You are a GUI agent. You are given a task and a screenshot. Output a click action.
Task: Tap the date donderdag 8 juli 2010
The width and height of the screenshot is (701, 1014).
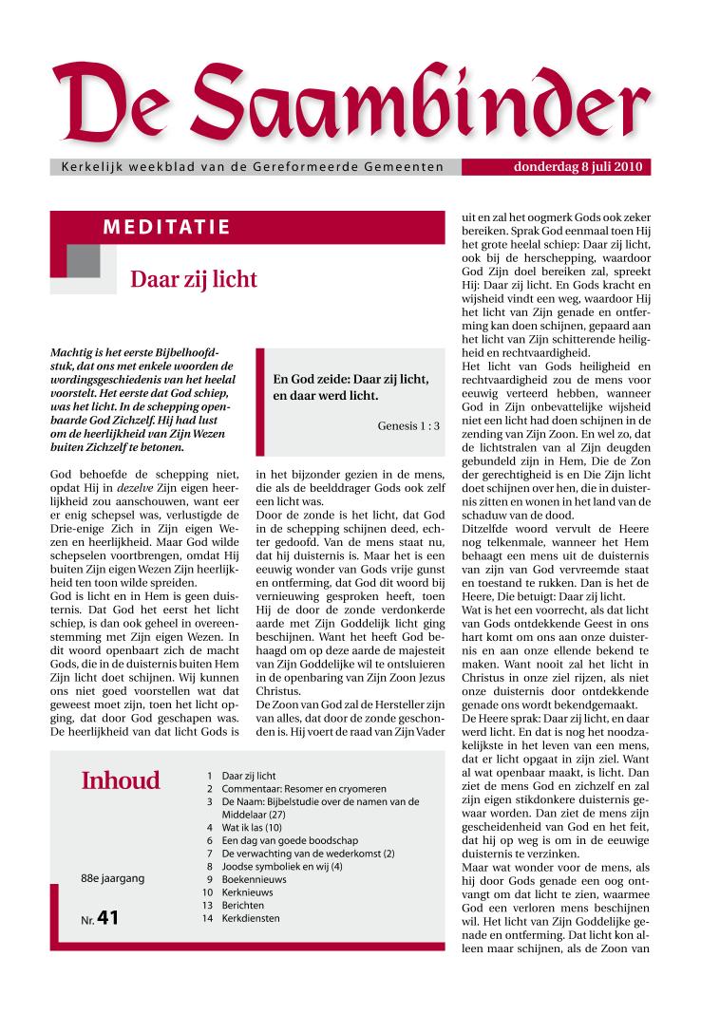[578, 167]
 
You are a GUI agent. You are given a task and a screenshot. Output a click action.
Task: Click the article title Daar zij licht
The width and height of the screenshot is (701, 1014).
[194, 280]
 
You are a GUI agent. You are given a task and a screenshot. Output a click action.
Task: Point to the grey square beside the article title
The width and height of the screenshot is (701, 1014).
[85, 261]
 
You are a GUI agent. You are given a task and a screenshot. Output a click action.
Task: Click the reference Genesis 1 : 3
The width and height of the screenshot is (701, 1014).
[408, 425]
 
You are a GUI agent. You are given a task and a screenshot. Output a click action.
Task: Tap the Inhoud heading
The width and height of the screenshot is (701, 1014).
[121, 781]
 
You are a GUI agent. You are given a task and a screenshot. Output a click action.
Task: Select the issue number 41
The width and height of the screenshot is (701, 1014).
[107, 918]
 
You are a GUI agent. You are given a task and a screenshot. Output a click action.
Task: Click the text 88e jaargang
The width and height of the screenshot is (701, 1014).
[113, 878]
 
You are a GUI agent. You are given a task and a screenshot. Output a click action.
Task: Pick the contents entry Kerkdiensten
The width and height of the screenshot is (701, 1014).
[251, 919]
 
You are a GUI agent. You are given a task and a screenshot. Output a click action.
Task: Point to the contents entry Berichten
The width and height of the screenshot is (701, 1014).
[244, 906]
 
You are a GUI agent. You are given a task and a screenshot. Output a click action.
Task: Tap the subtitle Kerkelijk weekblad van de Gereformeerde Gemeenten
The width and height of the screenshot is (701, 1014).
[252, 168]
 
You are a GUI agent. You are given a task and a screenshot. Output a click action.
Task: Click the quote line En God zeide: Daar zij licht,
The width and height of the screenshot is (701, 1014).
[350, 378]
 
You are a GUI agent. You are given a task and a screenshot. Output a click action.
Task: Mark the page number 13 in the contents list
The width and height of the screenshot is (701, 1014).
[206, 906]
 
